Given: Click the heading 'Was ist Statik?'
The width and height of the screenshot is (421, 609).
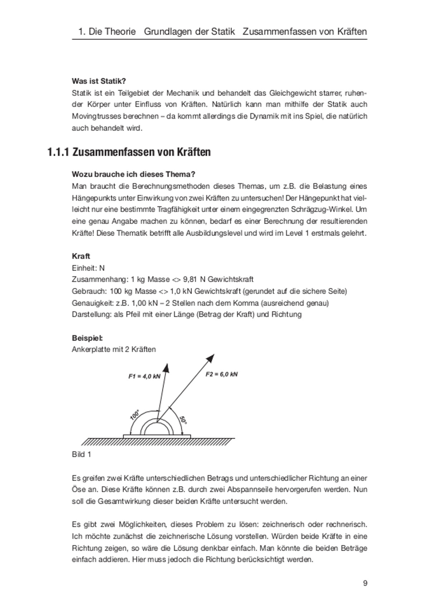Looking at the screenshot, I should (x=99, y=81).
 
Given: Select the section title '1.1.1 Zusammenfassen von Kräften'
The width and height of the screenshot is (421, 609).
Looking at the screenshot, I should (x=129, y=152).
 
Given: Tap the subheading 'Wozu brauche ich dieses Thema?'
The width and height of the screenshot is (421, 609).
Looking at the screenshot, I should (x=133, y=174).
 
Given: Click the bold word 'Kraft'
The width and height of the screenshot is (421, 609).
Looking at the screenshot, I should (x=81, y=256).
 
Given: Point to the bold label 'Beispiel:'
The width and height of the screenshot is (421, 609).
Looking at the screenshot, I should (x=87, y=338).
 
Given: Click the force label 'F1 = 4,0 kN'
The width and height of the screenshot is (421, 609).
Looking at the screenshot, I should (x=144, y=376).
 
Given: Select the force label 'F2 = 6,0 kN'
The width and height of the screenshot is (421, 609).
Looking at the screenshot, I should (x=222, y=374).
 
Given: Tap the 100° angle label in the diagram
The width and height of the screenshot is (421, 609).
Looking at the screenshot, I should (x=135, y=415).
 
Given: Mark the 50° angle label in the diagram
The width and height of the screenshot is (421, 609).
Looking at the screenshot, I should (x=183, y=420).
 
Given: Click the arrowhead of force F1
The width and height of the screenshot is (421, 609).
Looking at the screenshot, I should (x=166, y=367).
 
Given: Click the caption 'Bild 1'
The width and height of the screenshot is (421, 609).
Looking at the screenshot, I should (x=81, y=454).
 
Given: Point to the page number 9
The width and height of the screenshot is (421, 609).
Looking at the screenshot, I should (x=365, y=583).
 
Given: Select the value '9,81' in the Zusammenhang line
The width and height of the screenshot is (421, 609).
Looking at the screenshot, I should (x=190, y=279).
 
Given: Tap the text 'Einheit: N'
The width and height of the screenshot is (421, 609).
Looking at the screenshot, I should (x=88, y=268).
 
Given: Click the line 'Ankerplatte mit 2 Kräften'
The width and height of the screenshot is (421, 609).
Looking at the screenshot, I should (x=113, y=349).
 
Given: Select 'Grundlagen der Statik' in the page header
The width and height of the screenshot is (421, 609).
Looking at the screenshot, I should (x=189, y=32).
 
